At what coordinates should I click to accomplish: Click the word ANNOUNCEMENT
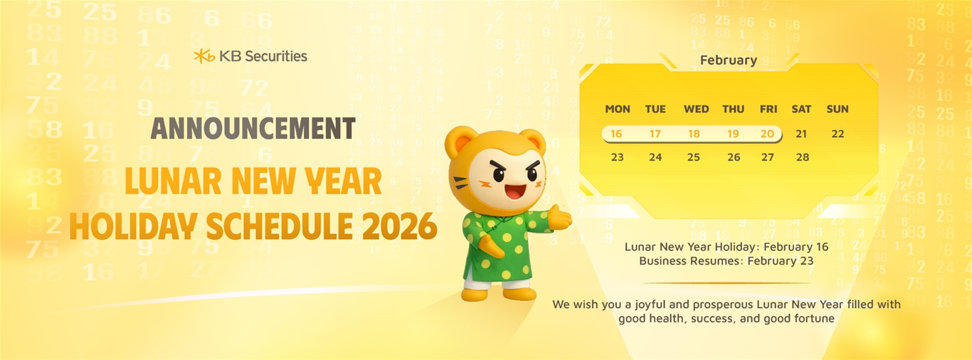[253, 128]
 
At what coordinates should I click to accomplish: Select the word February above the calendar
[729, 60]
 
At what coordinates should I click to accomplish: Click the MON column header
[618, 110]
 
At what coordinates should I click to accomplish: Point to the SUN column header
[838, 110]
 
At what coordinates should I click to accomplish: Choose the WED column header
[697, 110]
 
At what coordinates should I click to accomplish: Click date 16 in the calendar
[616, 134]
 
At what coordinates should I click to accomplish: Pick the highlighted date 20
[767, 134]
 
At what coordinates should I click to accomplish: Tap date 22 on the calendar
[838, 134]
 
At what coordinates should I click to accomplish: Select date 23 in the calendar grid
[618, 157]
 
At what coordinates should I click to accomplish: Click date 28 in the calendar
[803, 157]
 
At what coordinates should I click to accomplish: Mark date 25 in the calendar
[693, 157]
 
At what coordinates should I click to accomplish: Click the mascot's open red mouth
[515, 191]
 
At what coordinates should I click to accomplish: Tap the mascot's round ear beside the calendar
[533, 141]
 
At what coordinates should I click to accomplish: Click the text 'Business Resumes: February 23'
[727, 261]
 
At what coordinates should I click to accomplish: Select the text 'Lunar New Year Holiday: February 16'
[727, 247]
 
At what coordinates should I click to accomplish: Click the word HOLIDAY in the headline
[132, 226]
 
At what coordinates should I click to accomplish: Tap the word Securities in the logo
[276, 56]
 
